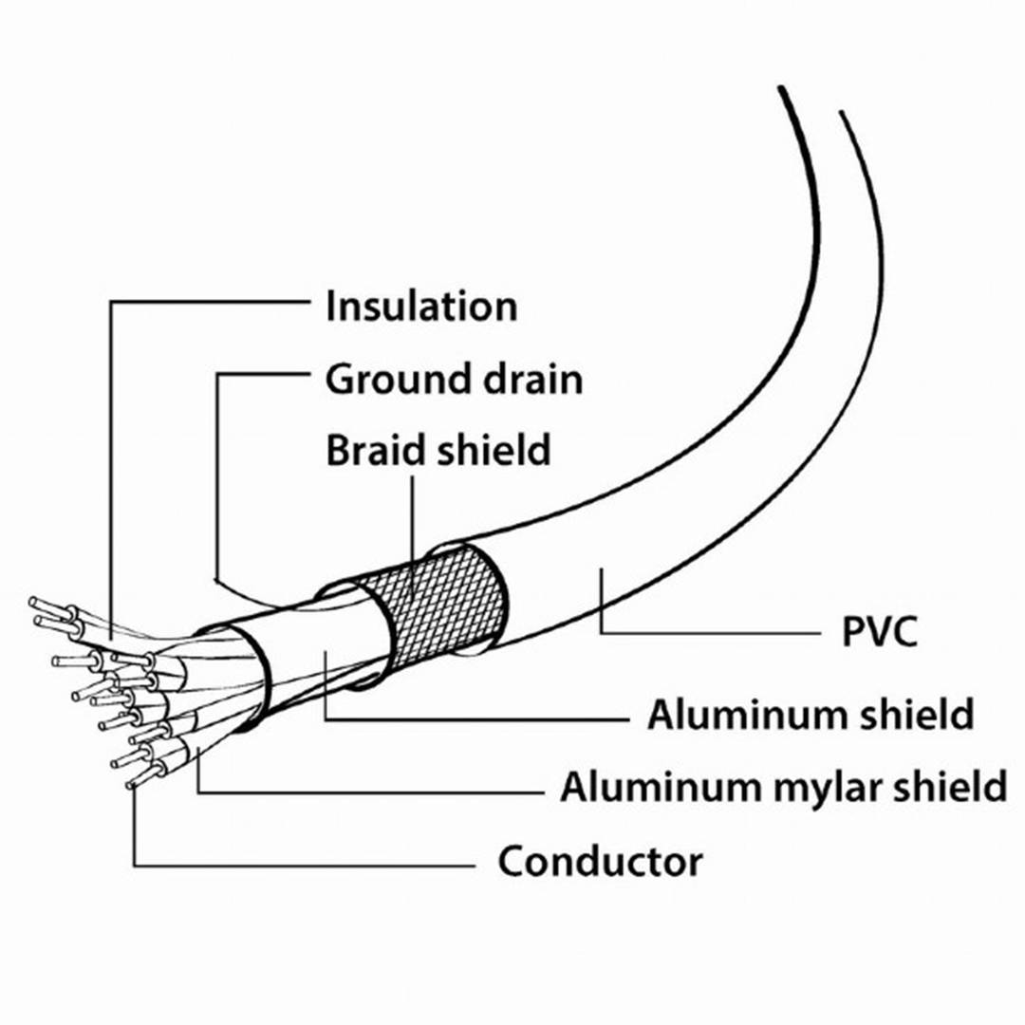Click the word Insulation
point(421,307)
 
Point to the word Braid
point(375,449)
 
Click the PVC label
point(880,632)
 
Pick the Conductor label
point(600,862)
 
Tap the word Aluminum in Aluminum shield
point(734,715)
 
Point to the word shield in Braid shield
point(494,449)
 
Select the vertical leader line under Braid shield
point(415,522)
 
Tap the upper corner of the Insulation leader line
point(111,303)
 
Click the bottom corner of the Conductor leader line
point(134,866)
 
